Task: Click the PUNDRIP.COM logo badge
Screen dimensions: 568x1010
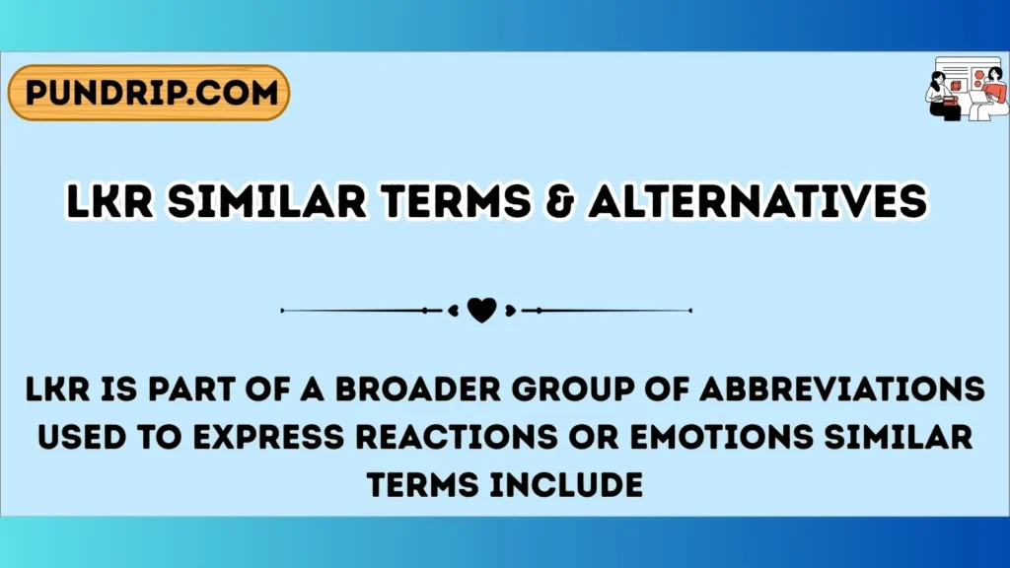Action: [x=149, y=94]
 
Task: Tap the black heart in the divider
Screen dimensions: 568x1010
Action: [x=481, y=311]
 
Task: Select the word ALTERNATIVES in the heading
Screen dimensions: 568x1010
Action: [x=757, y=202]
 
